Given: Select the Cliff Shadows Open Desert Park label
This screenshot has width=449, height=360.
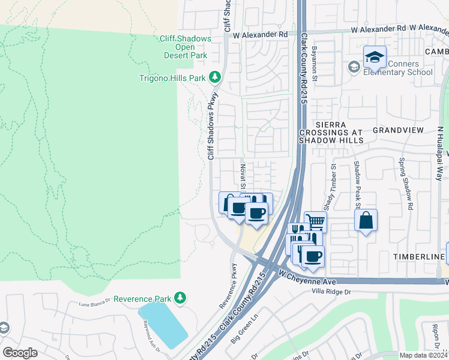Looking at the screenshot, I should point(185,47).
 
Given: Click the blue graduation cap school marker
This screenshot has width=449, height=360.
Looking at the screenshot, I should point(375,58).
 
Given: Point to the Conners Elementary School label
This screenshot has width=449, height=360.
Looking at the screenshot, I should point(402,68).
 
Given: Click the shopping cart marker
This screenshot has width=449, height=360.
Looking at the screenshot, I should point(315,221).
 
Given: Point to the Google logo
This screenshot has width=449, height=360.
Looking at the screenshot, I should point(20,353).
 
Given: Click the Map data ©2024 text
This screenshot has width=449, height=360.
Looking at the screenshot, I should point(424,355).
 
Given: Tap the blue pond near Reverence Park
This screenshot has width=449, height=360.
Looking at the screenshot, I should point(161,325).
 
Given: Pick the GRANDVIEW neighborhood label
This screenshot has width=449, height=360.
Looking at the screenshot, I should point(398,130).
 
